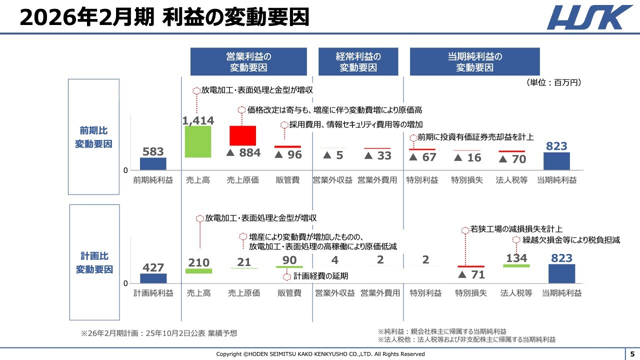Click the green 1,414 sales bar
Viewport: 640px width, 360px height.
(x=198, y=141)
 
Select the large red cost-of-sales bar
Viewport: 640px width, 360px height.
(x=242, y=135)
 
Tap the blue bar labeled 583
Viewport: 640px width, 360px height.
(x=153, y=164)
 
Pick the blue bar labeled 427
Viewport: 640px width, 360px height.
(x=153, y=278)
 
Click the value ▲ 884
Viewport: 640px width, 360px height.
(x=243, y=153)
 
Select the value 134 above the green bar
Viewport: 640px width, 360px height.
(x=516, y=258)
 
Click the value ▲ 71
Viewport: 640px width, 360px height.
(x=471, y=274)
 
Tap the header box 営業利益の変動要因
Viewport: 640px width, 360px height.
(x=248, y=62)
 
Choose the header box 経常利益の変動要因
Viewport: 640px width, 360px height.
(x=358, y=62)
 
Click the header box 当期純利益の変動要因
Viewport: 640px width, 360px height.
(x=474, y=62)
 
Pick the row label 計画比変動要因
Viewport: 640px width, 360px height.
(x=94, y=263)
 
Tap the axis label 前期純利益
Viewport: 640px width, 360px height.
(x=153, y=180)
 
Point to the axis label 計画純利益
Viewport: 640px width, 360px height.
(x=153, y=293)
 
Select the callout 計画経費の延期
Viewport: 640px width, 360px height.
(x=320, y=276)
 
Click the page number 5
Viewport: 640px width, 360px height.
(x=632, y=354)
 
